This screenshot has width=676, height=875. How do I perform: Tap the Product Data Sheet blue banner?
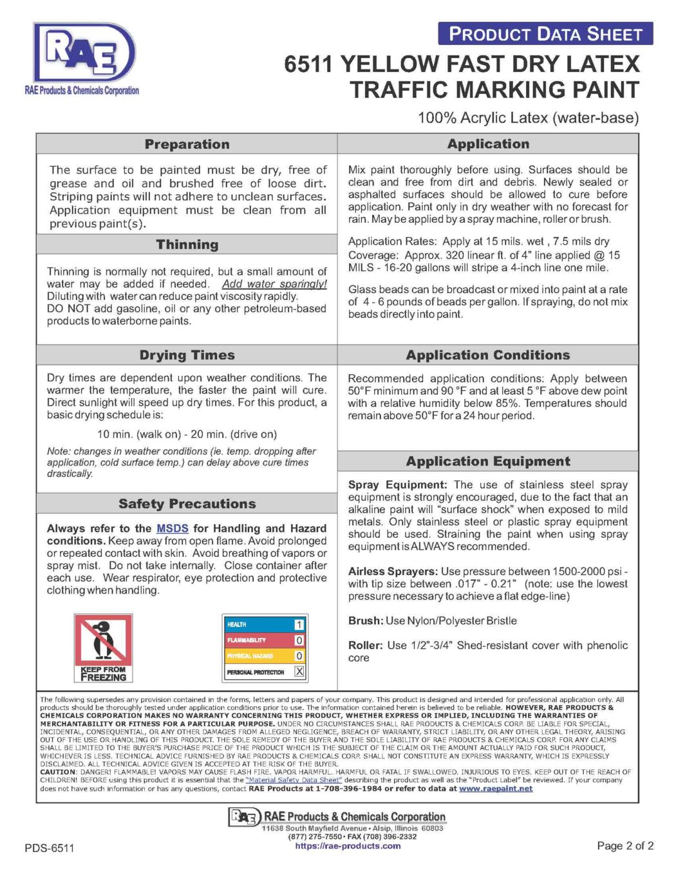click(545, 33)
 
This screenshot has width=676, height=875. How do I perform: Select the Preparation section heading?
click(187, 144)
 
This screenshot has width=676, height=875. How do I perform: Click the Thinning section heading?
click(187, 245)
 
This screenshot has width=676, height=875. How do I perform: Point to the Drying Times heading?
click(187, 355)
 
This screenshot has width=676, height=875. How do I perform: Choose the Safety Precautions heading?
click(187, 504)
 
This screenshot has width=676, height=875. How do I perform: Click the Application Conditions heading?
click(487, 355)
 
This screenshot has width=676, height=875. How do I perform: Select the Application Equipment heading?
click(487, 462)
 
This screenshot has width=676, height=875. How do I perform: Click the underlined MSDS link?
click(173, 529)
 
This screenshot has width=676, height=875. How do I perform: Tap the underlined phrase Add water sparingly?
click(274, 284)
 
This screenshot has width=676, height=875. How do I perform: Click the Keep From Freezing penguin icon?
click(103, 647)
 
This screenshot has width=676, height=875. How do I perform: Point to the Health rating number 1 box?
click(299, 625)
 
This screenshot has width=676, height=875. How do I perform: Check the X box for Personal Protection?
click(299, 672)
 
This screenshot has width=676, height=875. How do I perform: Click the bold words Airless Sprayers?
click(393, 572)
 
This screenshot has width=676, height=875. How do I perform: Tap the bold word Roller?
click(365, 646)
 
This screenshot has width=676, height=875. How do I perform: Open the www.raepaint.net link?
click(495, 789)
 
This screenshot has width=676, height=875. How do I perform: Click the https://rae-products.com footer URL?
click(348, 846)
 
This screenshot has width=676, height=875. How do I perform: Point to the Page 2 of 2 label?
click(624, 846)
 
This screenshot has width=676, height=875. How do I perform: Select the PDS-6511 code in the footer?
click(50, 848)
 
